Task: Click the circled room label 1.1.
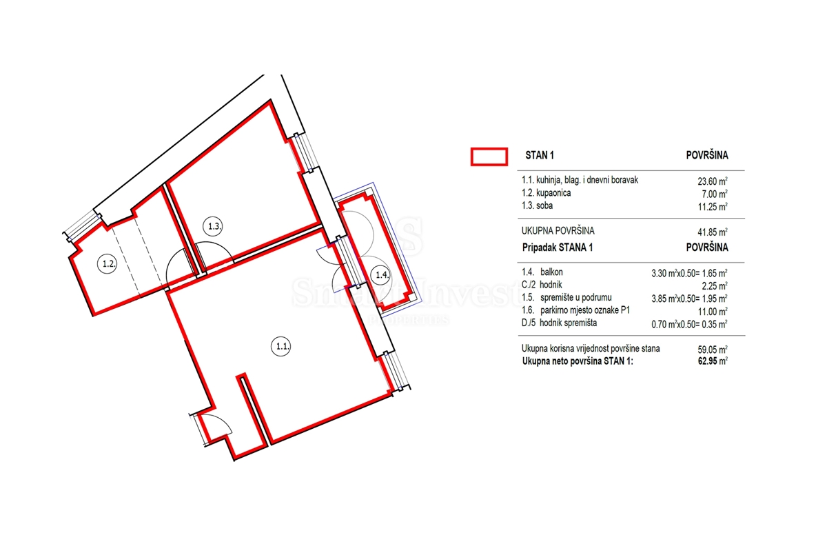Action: (281, 346)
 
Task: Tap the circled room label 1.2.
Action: (108, 263)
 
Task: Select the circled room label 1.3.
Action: (213, 226)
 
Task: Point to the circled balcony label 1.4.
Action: (381, 275)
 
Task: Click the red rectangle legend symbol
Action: (489, 157)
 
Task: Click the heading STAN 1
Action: (540, 155)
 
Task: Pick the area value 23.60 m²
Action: (712, 181)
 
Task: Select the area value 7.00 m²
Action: (715, 194)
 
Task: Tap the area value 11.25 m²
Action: (712, 206)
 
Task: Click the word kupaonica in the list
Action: (553, 193)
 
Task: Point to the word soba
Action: (544, 205)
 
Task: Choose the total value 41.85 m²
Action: (712, 232)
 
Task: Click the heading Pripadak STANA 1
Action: (558, 248)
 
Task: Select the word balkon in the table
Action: (551, 272)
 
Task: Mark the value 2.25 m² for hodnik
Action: (715, 286)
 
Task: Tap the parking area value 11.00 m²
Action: (712, 312)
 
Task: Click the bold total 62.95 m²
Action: (712, 361)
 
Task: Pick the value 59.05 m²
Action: (712, 350)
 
